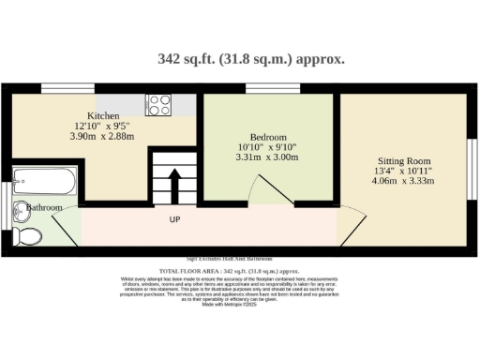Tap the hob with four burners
(x=157, y=104)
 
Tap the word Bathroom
(x=44, y=206)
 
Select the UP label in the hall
(x=174, y=220)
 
